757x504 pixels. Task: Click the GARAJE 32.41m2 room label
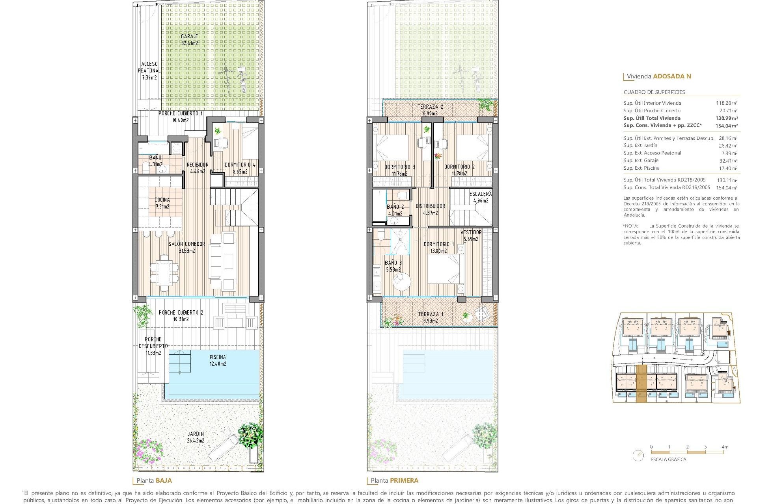pyautogui.click(x=190, y=40)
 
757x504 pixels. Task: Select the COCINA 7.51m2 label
pyautogui.click(x=162, y=203)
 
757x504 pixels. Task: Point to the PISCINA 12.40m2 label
pyautogui.click(x=218, y=360)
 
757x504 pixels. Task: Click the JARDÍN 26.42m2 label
pyautogui.click(x=196, y=437)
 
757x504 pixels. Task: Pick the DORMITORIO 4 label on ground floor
pyautogui.click(x=240, y=168)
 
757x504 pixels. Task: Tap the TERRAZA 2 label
pyautogui.click(x=430, y=110)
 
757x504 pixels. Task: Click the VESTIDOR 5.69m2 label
pyautogui.click(x=471, y=235)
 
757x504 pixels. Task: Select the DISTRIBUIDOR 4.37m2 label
pyautogui.click(x=430, y=209)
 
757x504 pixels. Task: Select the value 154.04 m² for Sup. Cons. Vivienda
pyautogui.click(x=726, y=126)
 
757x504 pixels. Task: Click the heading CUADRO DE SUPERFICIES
pyautogui.click(x=654, y=92)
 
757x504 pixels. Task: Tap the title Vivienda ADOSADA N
pyautogui.click(x=658, y=76)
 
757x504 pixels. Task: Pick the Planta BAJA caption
pyautogui.click(x=154, y=480)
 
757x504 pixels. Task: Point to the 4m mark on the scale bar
pyautogui.click(x=725, y=447)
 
